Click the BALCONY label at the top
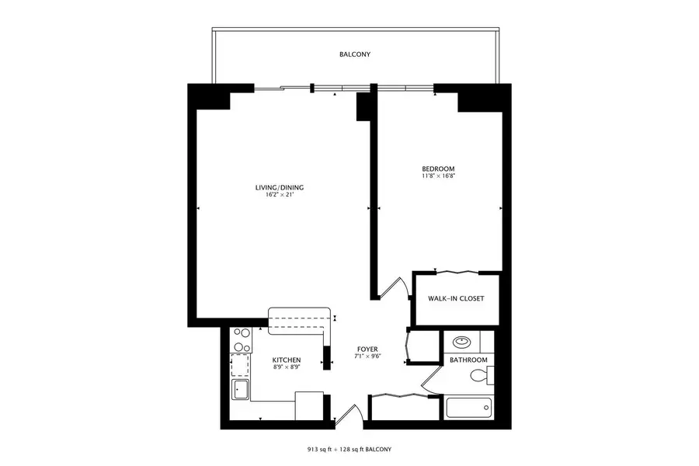point(354,55)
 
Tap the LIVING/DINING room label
point(279,187)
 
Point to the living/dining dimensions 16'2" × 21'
point(279,195)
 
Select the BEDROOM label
point(438,169)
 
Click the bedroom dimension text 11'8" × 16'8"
point(438,176)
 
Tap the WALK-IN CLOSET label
point(457,298)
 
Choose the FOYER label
point(367,349)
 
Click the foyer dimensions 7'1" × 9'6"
point(367,356)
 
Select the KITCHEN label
point(286,360)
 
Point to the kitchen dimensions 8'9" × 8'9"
point(286,367)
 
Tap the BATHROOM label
point(469,360)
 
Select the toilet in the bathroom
point(482,377)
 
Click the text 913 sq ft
point(323,450)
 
